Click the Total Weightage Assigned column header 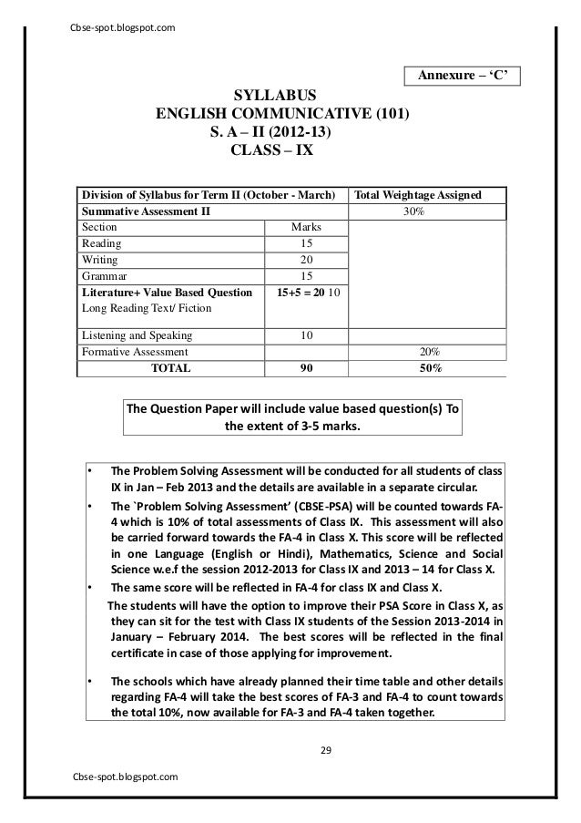418,194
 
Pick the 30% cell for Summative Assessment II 418,211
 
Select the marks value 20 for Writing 305,260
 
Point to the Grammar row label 105,276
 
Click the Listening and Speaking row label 137,334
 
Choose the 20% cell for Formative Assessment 418,351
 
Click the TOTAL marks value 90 305,368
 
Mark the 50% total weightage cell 418,368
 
